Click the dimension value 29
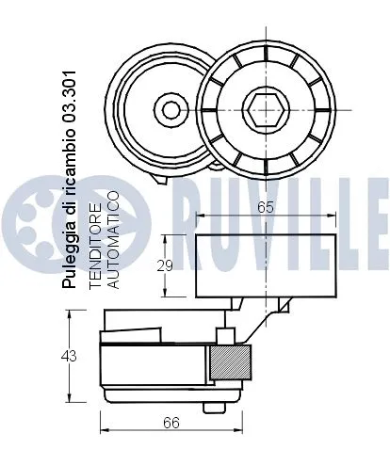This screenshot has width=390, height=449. [164, 265]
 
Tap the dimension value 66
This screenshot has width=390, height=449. [170, 424]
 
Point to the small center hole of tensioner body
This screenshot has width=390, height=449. [171, 110]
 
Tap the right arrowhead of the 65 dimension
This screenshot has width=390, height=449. [333, 216]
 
